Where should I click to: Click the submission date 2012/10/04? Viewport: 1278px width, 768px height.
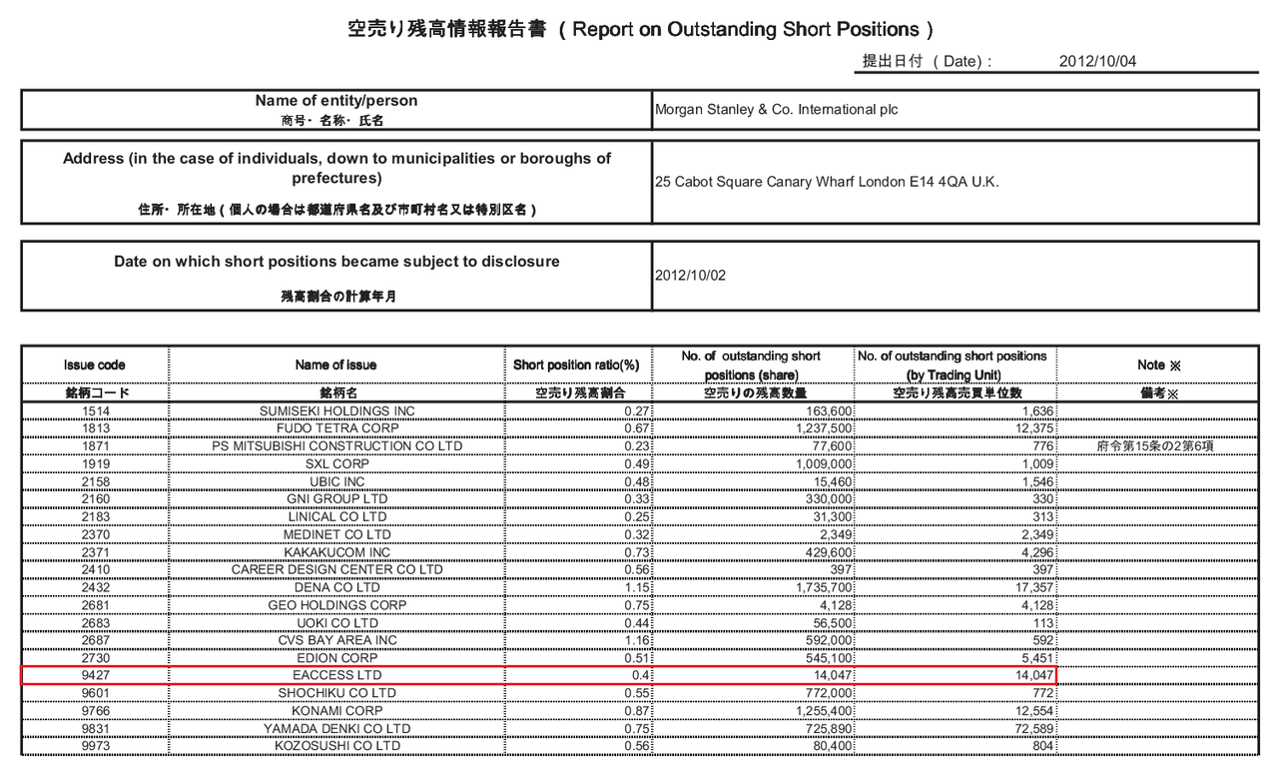[1097, 61]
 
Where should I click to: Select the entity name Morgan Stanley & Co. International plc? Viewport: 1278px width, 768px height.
[776, 110]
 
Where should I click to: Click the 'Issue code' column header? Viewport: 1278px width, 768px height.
[95, 366]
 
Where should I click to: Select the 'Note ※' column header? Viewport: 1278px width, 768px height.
[1157, 366]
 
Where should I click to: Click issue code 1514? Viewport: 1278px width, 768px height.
[95, 411]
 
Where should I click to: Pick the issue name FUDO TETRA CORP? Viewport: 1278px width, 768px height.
[336, 428]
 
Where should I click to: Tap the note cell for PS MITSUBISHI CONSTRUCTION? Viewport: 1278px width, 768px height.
[1157, 445]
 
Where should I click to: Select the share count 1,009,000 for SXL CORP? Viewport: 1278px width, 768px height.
[818, 463]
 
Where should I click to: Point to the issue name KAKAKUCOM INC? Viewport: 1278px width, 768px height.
[336, 552]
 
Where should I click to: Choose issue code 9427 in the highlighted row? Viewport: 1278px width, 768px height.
[95, 676]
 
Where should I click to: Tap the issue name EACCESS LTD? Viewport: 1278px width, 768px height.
[336, 676]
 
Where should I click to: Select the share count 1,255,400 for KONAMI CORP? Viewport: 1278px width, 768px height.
[818, 711]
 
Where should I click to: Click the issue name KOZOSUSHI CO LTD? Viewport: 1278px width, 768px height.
[336, 746]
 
